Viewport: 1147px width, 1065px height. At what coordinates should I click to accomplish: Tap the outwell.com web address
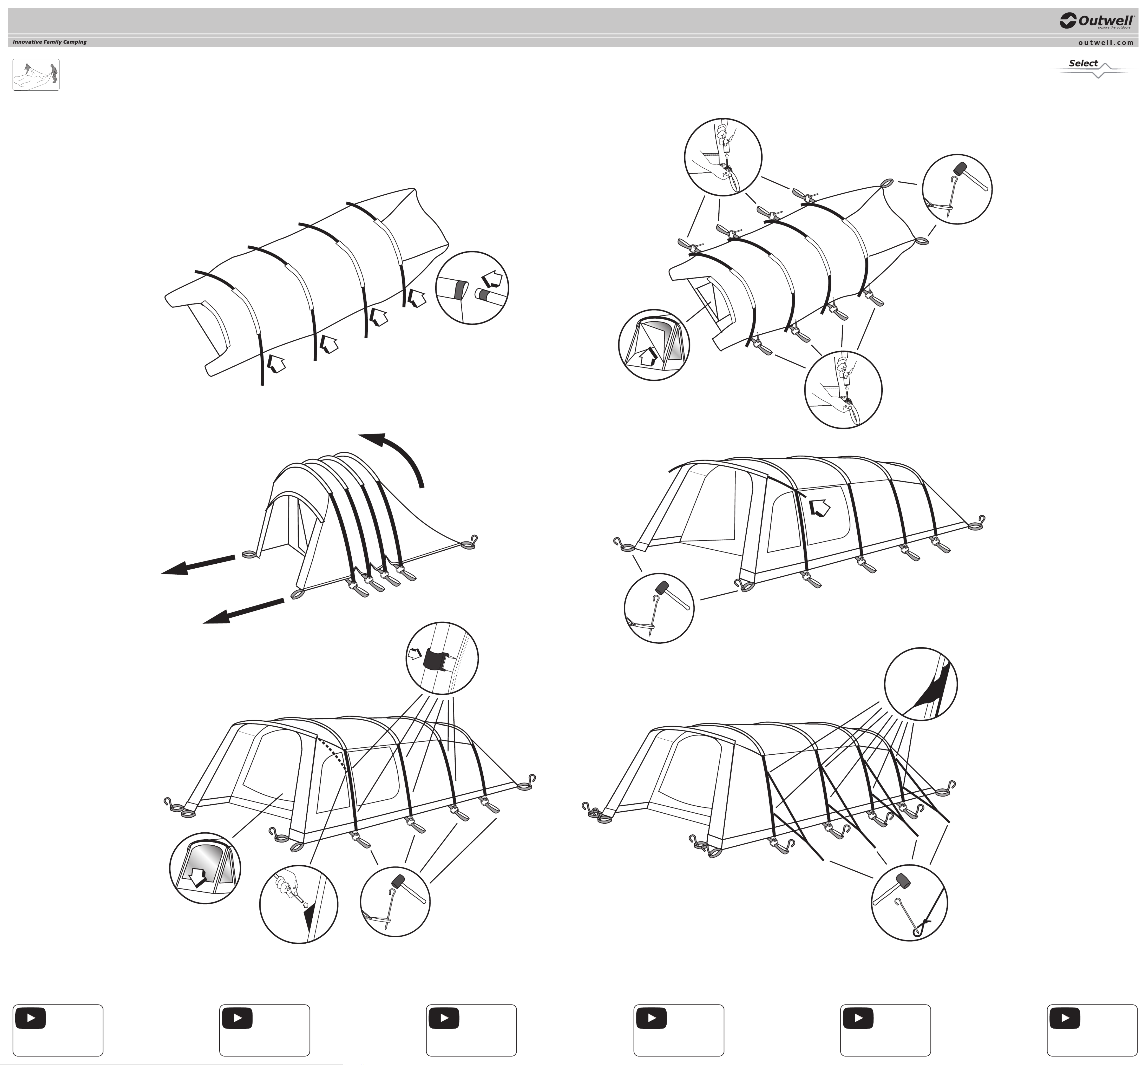(1106, 42)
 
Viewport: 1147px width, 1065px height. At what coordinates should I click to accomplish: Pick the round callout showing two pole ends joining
(472, 288)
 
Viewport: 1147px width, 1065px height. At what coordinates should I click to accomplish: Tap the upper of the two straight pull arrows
(198, 565)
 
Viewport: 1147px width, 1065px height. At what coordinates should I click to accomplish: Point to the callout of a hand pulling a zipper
(299, 904)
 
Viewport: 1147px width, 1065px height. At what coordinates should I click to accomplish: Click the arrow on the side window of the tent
(819, 508)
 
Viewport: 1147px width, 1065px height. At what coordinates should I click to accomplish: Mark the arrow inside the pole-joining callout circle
(492, 279)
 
